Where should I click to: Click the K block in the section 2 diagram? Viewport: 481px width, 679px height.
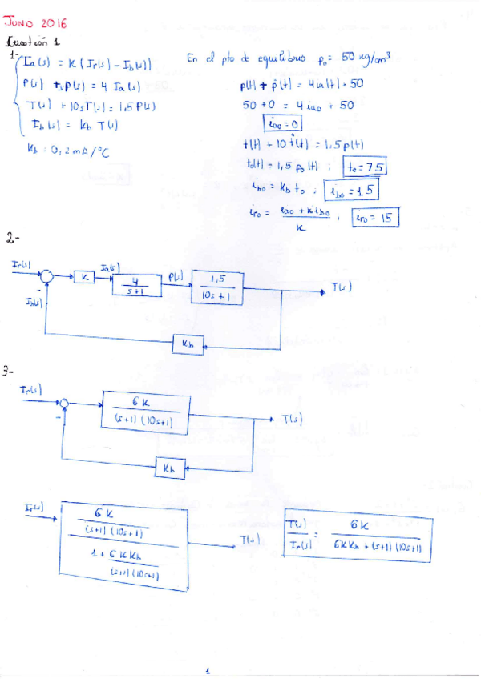coord(84,277)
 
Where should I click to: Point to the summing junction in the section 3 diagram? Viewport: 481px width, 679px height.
coord(67,403)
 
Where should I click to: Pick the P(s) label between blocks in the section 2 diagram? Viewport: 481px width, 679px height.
coord(176,276)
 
